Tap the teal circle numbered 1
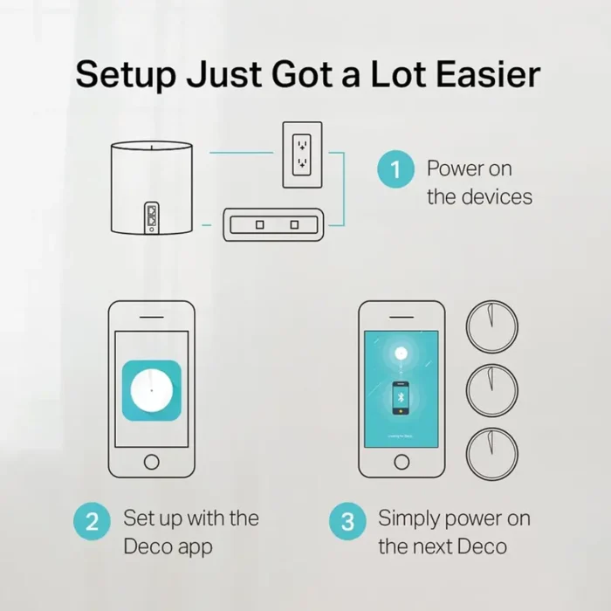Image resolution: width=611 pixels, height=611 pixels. point(395,168)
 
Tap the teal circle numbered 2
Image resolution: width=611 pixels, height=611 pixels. point(93,523)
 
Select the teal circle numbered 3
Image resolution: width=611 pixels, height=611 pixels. point(347,523)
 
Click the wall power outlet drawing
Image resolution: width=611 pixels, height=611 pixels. point(301,154)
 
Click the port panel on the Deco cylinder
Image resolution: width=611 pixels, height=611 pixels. point(153,216)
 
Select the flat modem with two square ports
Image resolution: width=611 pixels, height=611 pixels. point(274,224)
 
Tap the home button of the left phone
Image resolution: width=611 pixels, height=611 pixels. point(151,462)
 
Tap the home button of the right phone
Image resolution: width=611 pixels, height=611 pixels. point(402,462)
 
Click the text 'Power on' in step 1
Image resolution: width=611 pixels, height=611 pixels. point(469,168)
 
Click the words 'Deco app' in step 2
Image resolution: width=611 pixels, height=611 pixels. point(168,547)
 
